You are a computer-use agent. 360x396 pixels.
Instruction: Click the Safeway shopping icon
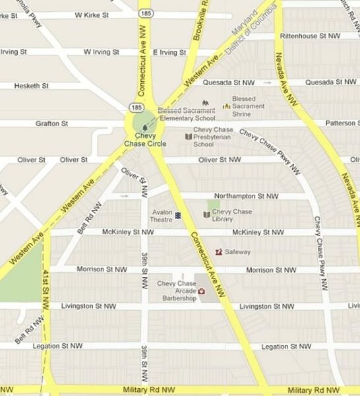pos(219,251)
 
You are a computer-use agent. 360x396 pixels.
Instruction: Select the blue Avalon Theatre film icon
pos(178,215)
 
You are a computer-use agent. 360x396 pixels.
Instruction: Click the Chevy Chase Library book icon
pos(206,214)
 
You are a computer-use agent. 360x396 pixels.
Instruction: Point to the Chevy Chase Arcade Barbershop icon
pos(202,290)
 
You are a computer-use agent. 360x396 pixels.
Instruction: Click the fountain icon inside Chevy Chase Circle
pos(144,125)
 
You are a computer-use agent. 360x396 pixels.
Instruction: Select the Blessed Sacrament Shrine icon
pos(226,105)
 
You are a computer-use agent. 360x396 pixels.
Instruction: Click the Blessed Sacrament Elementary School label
pos(187,114)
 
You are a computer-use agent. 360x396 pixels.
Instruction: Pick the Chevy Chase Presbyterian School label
pos(213,137)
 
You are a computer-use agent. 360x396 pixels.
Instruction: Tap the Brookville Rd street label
pos(199,20)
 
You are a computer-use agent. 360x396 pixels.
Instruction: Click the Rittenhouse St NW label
pos(310,36)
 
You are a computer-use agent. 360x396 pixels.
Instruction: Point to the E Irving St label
pos(170,51)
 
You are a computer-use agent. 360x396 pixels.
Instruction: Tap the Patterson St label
pos(342,123)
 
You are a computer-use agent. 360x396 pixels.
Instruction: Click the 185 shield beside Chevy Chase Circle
pos(135,106)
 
